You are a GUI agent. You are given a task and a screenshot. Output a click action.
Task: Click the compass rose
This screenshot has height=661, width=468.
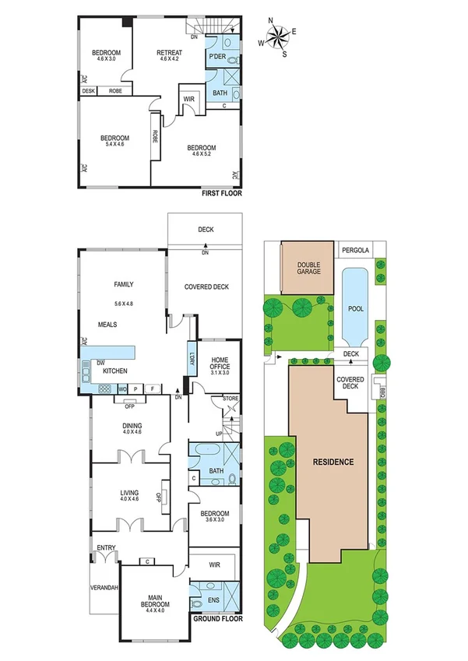(x=278, y=37)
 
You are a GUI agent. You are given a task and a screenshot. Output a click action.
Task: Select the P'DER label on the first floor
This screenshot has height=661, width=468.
(x=217, y=58)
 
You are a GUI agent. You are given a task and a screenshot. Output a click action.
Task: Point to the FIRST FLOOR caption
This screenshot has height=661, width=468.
(x=221, y=193)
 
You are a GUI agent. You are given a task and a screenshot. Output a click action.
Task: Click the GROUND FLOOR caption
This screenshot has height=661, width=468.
(x=218, y=620)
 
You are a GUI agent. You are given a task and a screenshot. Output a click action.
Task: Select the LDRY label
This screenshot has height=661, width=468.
(x=192, y=360)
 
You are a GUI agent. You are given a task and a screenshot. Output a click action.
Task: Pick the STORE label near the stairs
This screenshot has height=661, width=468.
(x=230, y=399)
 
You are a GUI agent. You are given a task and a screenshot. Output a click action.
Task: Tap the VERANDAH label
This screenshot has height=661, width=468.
(x=104, y=588)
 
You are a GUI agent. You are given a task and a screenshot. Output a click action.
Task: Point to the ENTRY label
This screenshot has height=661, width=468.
(x=105, y=547)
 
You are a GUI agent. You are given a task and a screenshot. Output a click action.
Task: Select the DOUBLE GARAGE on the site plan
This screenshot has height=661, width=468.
(x=308, y=269)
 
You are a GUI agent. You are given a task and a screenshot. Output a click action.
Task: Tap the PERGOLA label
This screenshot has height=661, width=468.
(x=357, y=250)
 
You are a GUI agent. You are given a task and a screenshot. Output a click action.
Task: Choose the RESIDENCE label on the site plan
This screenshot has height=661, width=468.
(x=333, y=462)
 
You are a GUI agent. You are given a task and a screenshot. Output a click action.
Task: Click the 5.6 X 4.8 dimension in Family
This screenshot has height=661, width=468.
(x=125, y=303)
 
